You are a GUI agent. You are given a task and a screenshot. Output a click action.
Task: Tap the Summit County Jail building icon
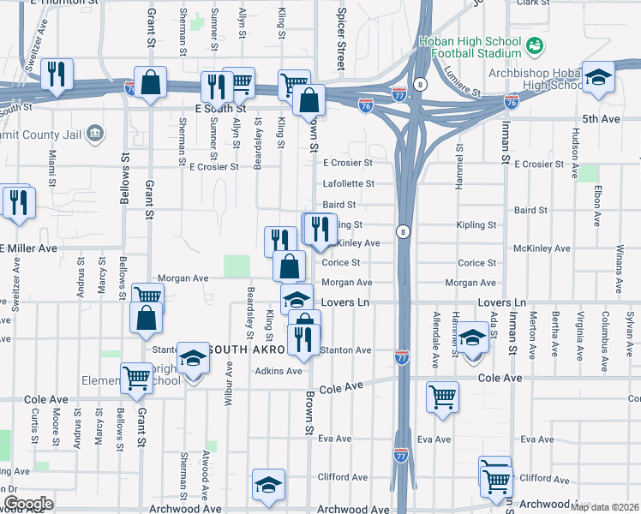[x=95, y=132]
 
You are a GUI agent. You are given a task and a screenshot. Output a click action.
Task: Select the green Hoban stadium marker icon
[x=535, y=43]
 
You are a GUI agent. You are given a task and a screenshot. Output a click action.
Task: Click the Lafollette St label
[x=348, y=183]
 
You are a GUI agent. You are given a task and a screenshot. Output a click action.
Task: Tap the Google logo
[x=28, y=504]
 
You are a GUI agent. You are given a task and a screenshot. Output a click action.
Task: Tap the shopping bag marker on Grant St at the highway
[x=150, y=83]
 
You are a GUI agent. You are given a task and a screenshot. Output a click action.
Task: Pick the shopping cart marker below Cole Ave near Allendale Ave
[x=442, y=396]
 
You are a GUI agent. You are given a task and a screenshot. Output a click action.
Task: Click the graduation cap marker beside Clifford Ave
[x=268, y=485]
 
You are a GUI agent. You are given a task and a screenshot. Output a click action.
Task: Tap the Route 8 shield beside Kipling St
[x=401, y=231]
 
